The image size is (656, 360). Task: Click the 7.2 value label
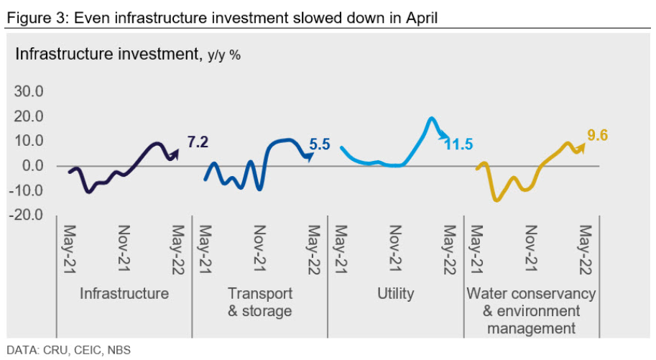198,142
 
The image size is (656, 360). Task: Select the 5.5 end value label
319,144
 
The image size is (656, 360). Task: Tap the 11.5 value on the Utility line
458,144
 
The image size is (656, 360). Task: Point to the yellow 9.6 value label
597,135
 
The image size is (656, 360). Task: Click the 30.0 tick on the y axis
29,92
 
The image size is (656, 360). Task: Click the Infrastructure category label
124,293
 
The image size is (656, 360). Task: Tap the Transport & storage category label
259,302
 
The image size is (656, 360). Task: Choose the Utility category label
395,293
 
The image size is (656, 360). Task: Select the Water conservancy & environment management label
531,310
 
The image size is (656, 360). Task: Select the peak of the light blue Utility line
431,119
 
